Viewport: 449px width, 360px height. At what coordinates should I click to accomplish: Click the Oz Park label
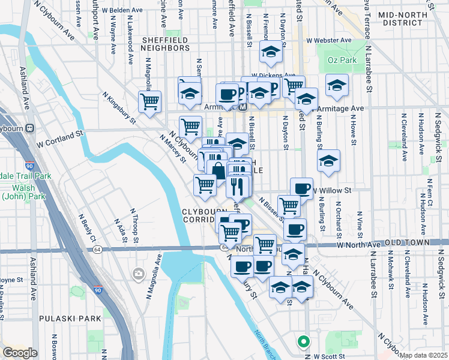click(x=343, y=60)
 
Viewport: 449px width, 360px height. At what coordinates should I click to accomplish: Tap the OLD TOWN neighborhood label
click(x=408, y=242)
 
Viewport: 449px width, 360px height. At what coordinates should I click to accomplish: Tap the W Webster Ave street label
click(x=328, y=40)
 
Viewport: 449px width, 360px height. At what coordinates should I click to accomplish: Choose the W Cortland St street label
click(x=59, y=136)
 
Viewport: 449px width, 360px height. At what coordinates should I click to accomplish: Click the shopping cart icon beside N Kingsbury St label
click(x=149, y=101)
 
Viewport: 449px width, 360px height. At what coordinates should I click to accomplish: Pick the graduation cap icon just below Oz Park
click(x=337, y=86)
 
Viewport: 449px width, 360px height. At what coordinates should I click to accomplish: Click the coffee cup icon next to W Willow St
click(x=301, y=188)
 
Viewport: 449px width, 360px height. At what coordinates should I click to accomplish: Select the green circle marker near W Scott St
click(x=304, y=343)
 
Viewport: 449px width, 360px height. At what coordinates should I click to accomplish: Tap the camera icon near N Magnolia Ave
click(x=139, y=274)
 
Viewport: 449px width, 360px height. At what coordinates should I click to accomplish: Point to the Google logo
click(x=20, y=353)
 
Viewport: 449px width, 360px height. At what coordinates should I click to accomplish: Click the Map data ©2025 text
click(x=423, y=355)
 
